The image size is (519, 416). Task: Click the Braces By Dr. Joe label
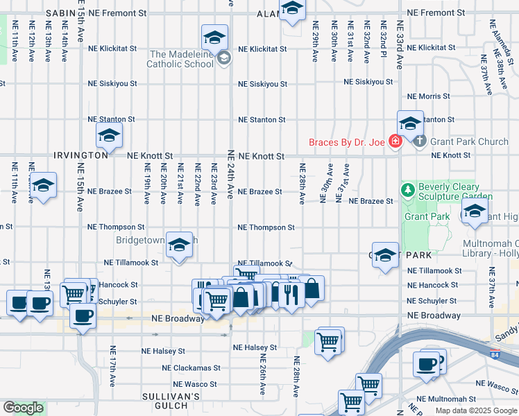[348, 142]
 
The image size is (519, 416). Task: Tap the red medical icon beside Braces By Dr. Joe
[395, 142]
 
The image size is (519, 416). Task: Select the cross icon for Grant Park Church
[419, 141]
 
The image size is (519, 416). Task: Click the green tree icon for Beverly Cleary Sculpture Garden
[409, 189]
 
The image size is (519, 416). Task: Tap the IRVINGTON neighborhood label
[82, 155]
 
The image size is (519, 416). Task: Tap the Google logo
[23, 408]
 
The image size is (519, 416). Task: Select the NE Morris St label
[429, 96]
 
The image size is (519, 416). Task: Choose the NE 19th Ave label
[146, 184]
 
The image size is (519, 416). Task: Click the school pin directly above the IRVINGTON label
[109, 136]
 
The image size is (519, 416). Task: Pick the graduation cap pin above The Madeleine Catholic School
[215, 37]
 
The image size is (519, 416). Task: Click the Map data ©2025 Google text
[476, 410]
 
